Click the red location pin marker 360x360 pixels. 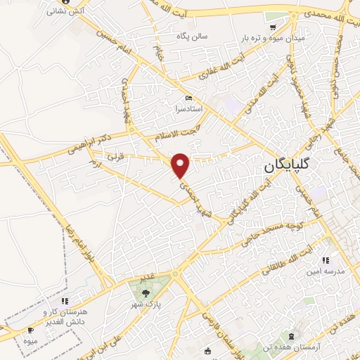(x=181, y=165)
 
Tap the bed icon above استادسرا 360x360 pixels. (x=187, y=98)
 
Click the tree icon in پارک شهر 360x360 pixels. (x=146, y=293)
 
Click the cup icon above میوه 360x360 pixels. (x=30, y=330)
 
